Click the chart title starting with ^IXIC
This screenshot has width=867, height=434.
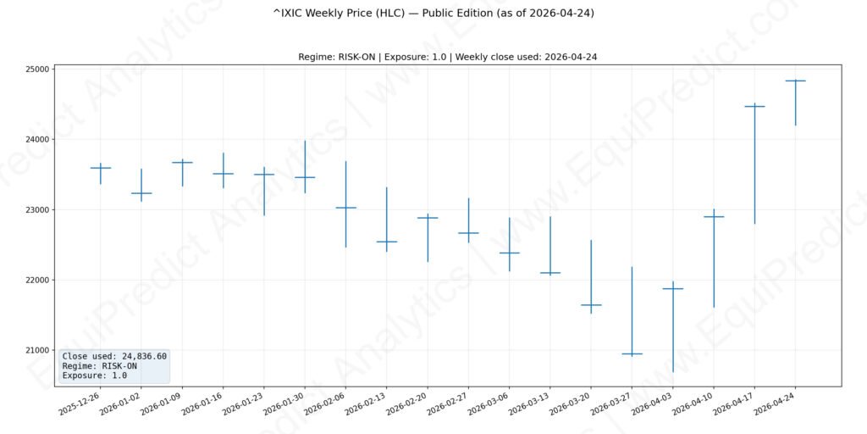click(x=433, y=14)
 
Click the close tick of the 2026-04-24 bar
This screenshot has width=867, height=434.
click(x=795, y=81)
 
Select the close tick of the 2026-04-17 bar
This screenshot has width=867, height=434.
click(x=754, y=107)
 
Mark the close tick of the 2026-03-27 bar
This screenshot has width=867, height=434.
click(x=632, y=353)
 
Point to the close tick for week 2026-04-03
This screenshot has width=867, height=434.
click(x=673, y=289)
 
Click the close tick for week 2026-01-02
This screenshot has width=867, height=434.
click(x=141, y=193)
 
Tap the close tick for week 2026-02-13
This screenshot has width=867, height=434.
click(x=387, y=242)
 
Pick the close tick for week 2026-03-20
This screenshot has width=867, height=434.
click(x=591, y=304)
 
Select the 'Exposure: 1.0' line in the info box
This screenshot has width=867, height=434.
click(x=94, y=376)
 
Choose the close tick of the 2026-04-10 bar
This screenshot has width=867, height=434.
click(x=714, y=217)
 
